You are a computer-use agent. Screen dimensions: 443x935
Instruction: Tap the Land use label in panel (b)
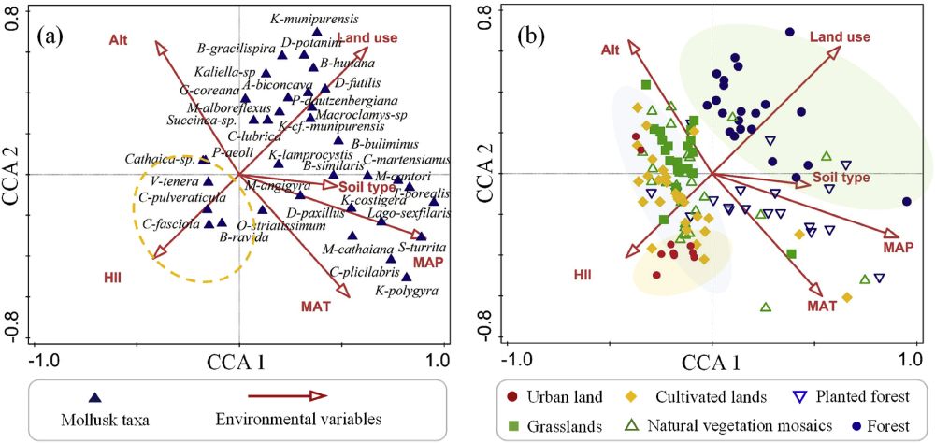840,36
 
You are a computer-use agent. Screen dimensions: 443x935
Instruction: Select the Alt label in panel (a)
119,40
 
